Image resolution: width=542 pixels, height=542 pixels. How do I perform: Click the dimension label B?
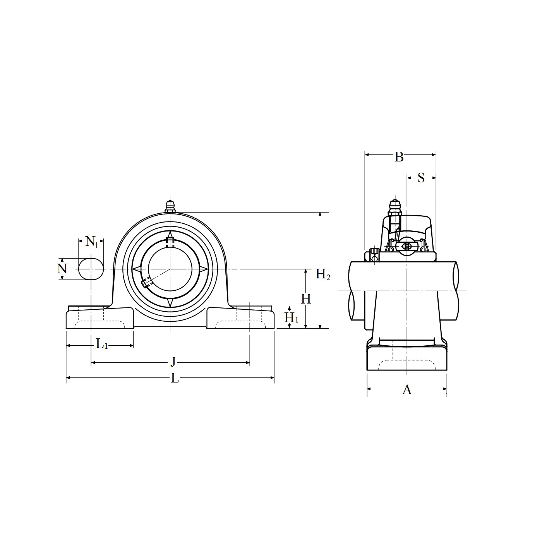(399, 157)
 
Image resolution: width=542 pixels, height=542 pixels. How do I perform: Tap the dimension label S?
(421, 178)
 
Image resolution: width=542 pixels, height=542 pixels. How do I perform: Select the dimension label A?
(407, 390)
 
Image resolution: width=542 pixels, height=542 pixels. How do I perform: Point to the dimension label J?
(173, 362)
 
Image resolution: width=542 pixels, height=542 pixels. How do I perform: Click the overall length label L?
(175, 378)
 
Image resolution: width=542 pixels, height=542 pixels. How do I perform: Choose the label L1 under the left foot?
(102, 344)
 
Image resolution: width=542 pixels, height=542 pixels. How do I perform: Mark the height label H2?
(323, 274)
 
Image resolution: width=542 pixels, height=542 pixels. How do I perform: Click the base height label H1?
(291, 317)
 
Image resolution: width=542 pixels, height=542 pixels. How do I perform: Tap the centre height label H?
(306, 299)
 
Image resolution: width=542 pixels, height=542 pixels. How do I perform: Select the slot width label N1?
(92, 242)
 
